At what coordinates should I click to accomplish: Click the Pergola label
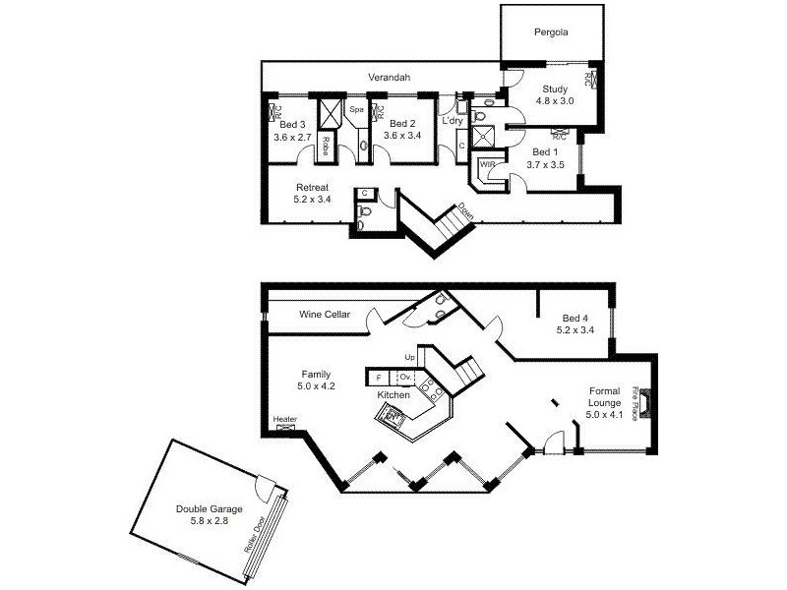pyautogui.click(x=551, y=31)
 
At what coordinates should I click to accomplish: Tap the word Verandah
pyautogui.click(x=389, y=78)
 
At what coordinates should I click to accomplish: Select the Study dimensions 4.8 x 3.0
pyautogui.click(x=553, y=100)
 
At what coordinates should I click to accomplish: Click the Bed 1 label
pyautogui.click(x=544, y=152)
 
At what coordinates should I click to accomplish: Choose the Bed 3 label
pyautogui.click(x=292, y=125)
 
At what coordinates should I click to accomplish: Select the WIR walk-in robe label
pyautogui.click(x=487, y=164)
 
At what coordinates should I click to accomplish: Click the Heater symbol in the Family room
pyautogui.click(x=286, y=427)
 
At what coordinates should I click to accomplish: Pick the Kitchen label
pyautogui.click(x=393, y=394)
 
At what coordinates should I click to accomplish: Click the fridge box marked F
pyautogui.click(x=379, y=377)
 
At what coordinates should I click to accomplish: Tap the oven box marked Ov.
pyautogui.click(x=404, y=377)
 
